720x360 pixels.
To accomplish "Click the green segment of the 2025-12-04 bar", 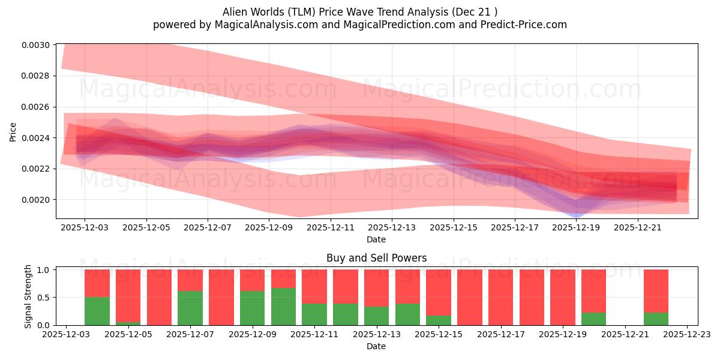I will point(97,311).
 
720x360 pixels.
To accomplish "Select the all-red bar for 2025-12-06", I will point(159,297).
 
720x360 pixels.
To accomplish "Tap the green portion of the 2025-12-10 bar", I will point(283,307).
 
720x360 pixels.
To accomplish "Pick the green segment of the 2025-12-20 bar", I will point(593,319).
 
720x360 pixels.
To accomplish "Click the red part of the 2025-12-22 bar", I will point(656,291).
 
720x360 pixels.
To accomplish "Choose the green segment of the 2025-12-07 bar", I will point(190,308).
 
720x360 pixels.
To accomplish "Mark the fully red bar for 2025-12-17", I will point(500,297).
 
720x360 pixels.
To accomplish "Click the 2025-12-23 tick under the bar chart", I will point(687,335).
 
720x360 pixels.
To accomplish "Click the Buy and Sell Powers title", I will point(376,258).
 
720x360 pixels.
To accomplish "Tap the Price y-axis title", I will point(13,131).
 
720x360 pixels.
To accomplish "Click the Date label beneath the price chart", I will point(376,239).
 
